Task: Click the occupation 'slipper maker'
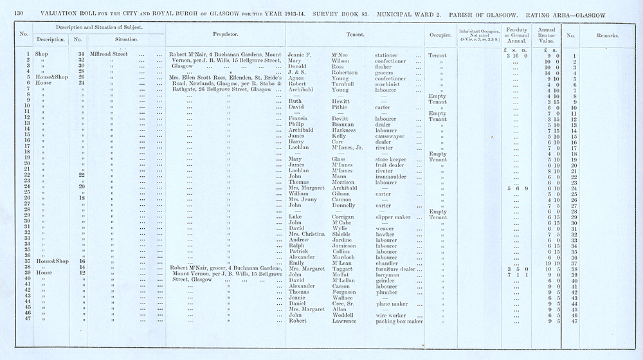pos(394,217)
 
